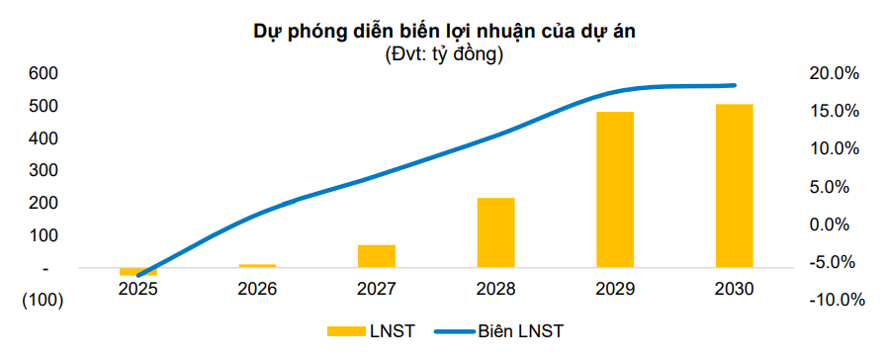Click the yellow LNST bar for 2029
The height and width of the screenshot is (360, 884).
click(x=614, y=189)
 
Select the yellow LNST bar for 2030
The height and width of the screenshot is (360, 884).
click(x=734, y=185)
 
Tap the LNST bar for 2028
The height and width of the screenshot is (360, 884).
click(x=495, y=232)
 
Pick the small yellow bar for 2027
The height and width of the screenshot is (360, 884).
click(x=377, y=256)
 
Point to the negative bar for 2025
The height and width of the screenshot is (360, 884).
click(x=138, y=271)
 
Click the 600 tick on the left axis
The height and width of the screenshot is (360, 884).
click(x=44, y=73)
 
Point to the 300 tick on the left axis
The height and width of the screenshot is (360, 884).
click(x=44, y=170)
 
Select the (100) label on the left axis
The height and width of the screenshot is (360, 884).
click(x=41, y=301)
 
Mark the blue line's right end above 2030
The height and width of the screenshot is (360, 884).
click(x=734, y=85)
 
